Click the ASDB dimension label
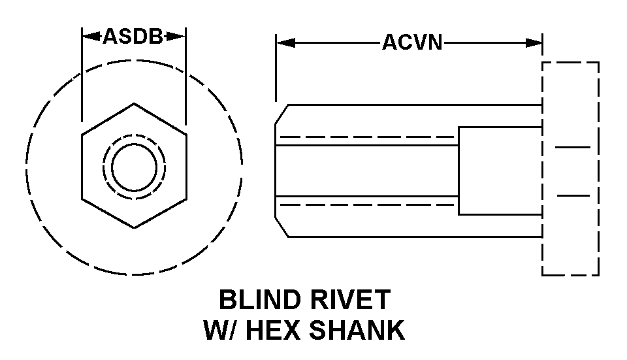(133, 37)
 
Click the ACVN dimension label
(412, 43)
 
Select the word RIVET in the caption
(354, 300)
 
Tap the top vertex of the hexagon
(134, 103)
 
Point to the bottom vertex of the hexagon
(134, 227)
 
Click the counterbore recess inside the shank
(500, 171)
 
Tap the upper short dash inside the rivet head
(573, 148)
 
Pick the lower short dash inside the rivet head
(573, 195)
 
